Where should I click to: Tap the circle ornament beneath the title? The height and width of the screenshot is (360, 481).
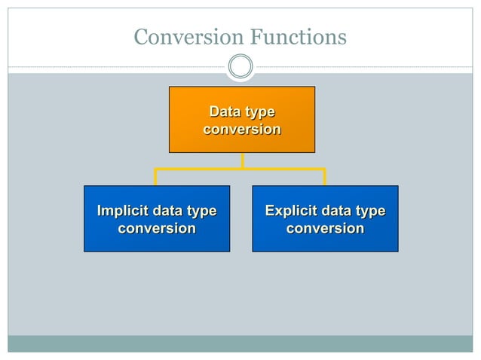pos(240,67)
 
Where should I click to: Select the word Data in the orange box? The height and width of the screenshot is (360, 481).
pos(224,112)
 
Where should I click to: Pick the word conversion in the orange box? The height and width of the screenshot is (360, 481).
pos(241,130)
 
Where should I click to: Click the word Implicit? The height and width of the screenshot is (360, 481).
pos(123,211)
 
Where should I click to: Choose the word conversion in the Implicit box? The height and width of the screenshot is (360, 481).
pos(157,228)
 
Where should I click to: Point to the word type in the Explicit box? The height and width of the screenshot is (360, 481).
pos(370,212)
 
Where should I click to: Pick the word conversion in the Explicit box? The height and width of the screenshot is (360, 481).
pos(325,228)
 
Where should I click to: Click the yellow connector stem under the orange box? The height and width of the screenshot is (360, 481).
pos(242,160)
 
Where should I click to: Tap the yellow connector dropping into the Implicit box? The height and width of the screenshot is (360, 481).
pos(156,178)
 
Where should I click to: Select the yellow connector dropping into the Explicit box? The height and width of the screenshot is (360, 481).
pos(324,178)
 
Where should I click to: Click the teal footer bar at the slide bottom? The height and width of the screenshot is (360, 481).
pos(240,343)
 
